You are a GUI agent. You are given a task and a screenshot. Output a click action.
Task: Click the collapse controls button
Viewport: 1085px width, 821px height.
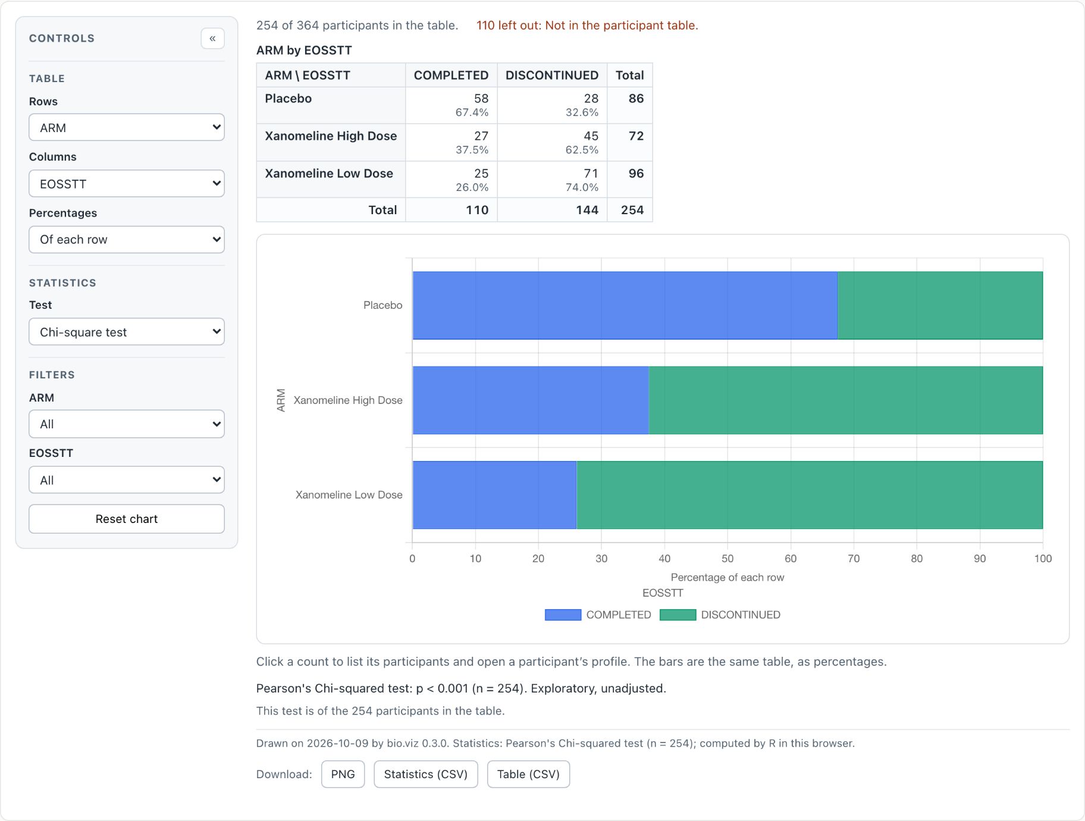click(x=212, y=39)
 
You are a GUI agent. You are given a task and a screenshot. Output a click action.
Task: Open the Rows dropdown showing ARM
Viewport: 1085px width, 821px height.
click(x=127, y=127)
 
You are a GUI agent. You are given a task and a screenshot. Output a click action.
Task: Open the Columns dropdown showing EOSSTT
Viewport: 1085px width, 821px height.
click(x=127, y=183)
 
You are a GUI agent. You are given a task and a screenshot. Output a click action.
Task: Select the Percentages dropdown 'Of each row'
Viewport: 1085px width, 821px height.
click(x=127, y=239)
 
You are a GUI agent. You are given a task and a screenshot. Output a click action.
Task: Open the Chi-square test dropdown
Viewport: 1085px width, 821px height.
click(x=127, y=331)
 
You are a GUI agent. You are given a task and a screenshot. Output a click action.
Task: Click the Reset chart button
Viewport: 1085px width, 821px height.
click(x=127, y=519)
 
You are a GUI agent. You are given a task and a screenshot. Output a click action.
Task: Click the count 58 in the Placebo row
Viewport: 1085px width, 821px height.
click(x=481, y=99)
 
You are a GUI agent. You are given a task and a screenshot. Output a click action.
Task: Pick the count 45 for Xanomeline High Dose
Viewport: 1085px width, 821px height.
click(x=591, y=136)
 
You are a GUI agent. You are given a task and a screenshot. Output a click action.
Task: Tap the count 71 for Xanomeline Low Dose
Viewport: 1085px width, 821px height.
click(x=591, y=174)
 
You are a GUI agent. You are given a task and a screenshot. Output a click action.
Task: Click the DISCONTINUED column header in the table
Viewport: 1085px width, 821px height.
click(x=552, y=76)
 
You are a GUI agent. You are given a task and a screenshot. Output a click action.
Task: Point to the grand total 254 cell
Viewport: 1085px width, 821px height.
click(x=632, y=210)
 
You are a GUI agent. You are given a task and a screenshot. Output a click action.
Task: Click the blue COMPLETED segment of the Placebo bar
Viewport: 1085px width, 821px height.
click(x=625, y=306)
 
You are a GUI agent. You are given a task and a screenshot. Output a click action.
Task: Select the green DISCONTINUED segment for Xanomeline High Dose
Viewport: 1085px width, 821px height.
click(x=845, y=400)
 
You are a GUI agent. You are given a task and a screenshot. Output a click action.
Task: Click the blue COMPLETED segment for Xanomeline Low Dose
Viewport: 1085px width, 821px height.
click(x=494, y=495)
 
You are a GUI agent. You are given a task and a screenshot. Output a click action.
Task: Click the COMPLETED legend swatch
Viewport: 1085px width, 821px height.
click(x=563, y=615)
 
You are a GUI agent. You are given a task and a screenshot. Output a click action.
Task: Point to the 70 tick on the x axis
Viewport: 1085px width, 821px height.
click(x=854, y=559)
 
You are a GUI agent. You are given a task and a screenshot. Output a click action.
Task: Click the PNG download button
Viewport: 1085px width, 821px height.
click(x=343, y=774)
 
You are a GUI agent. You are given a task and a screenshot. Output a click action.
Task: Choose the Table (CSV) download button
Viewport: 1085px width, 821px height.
click(x=528, y=774)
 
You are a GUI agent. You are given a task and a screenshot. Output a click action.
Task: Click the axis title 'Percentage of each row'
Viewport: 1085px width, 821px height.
click(x=727, y=578)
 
